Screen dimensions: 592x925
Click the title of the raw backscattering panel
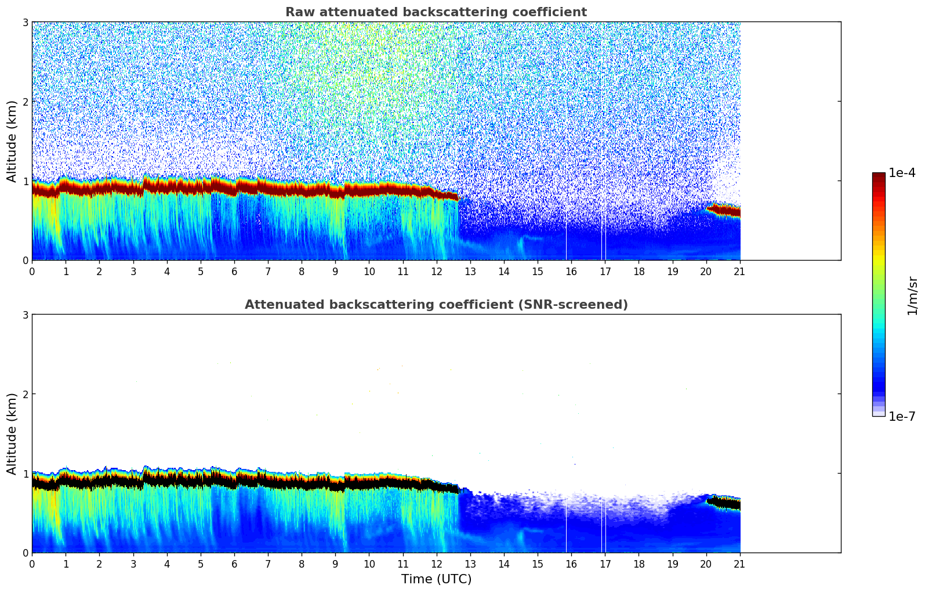(x=436, y=12)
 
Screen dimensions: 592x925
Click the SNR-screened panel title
(x=436, y=305)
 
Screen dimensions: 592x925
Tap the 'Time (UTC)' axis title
(x=436, y=579)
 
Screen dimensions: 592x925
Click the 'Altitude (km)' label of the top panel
(x=12, y=141)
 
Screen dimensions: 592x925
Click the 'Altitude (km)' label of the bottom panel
(x=12, y=434)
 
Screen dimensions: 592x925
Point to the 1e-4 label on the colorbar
(x=902, y=173)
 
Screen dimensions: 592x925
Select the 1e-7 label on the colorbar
(x=902, y=416)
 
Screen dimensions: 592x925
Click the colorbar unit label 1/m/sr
(x=912, y=295)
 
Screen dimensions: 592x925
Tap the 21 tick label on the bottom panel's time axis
(x=740, y=563)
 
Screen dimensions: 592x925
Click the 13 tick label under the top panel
(x=470, y=270)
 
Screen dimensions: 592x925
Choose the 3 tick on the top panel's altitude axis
(x=26, y=22)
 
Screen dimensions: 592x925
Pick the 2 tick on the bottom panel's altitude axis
(x=26, y=394)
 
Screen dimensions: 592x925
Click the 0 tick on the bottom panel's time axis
(x=32, y=563)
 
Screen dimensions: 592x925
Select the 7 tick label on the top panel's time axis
(x=268, y=270)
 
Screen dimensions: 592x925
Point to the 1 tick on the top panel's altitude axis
(x=26, y=181)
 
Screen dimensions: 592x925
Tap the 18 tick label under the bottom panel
(x=639, y=563)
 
